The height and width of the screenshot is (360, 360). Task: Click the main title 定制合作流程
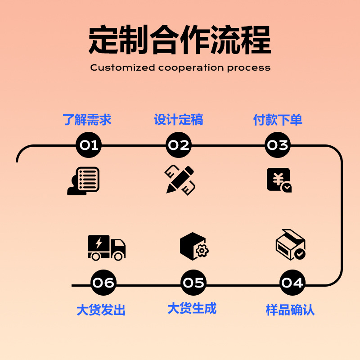tap(180, 40)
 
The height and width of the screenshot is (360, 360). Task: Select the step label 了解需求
tap(87, 120)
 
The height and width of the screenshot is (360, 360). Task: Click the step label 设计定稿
tap(179, 120)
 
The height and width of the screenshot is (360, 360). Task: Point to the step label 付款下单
tap(278, 120)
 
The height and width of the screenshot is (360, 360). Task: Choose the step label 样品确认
tap(290, 310)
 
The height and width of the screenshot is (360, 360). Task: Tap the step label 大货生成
tap(192, 308)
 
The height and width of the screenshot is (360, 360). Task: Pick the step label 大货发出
tap(101, 310)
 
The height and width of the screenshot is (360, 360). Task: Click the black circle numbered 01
tap(89, 145)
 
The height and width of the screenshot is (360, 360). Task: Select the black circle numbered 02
tap(179, 145)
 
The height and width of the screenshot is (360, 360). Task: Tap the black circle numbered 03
tap(278, 145)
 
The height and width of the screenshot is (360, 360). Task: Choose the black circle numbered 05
tap(193, 283)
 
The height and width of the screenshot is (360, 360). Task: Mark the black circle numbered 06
tap(103, 283)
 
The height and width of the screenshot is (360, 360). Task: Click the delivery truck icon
tap(106, 247)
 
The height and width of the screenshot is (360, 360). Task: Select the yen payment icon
tap(279, 180)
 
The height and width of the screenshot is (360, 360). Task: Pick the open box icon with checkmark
tap(291, 245)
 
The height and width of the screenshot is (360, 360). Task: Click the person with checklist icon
tap(84, 181)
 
